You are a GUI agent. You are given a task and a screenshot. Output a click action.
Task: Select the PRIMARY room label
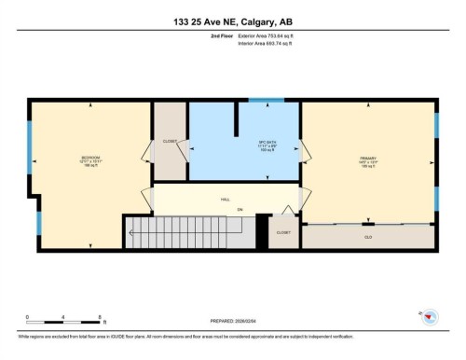pos(367,159)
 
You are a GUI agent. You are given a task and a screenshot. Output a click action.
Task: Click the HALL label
pos(226,200)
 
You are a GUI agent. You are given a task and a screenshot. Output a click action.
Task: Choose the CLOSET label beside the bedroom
pos(170,143)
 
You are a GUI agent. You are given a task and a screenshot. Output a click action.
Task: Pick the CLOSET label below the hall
pos(284,232)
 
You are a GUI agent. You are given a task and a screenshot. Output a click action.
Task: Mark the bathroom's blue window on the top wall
pos(267,99)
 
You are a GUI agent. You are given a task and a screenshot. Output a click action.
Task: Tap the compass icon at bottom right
pos(427,319)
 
